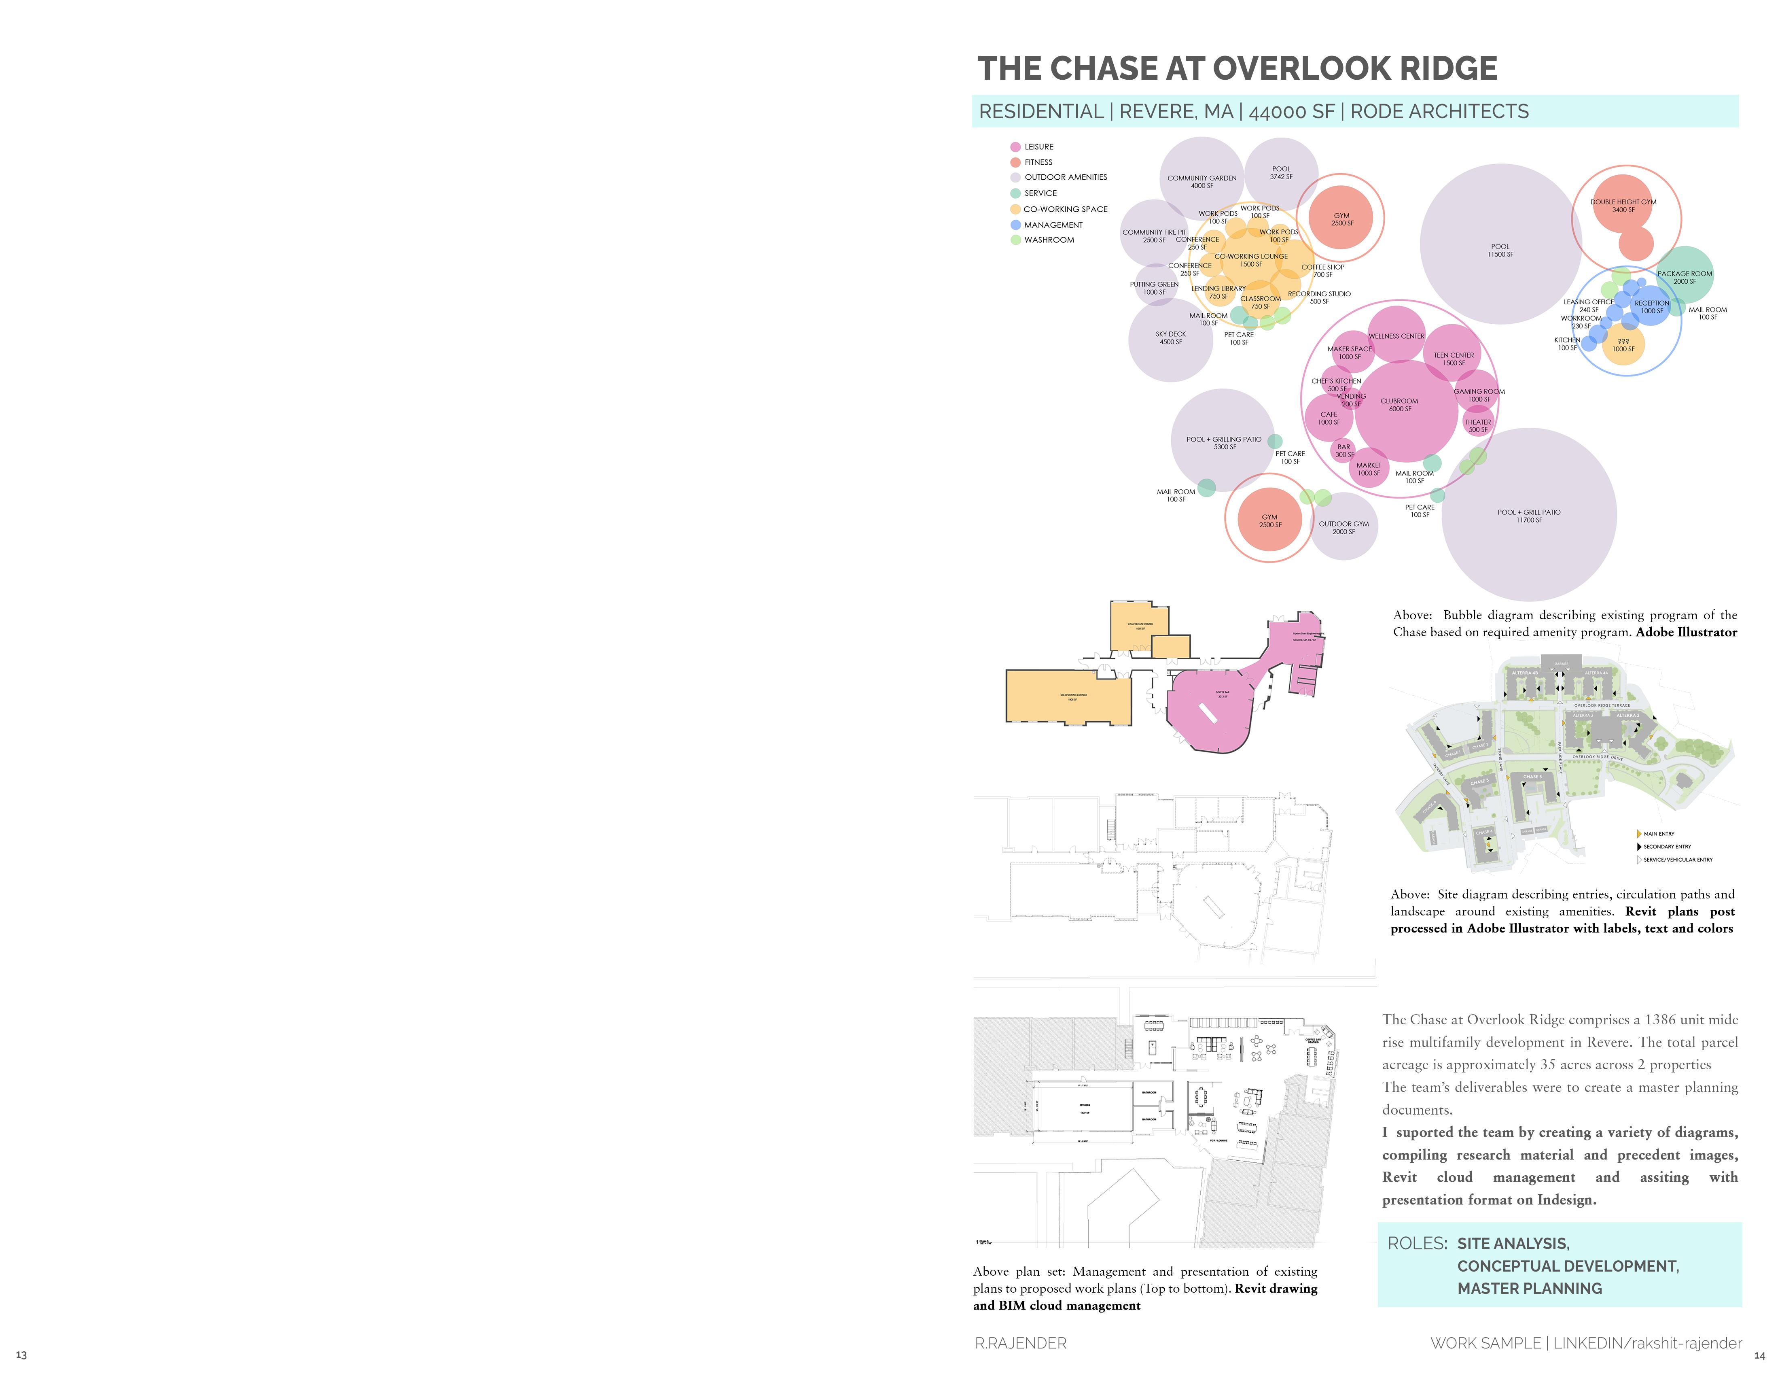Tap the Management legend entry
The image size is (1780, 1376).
pos(1053,225)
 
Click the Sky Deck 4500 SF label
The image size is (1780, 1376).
pos(1170,338)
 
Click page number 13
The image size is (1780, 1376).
pos(21,1355)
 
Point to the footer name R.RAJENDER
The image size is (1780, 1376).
pos(1020,1342)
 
